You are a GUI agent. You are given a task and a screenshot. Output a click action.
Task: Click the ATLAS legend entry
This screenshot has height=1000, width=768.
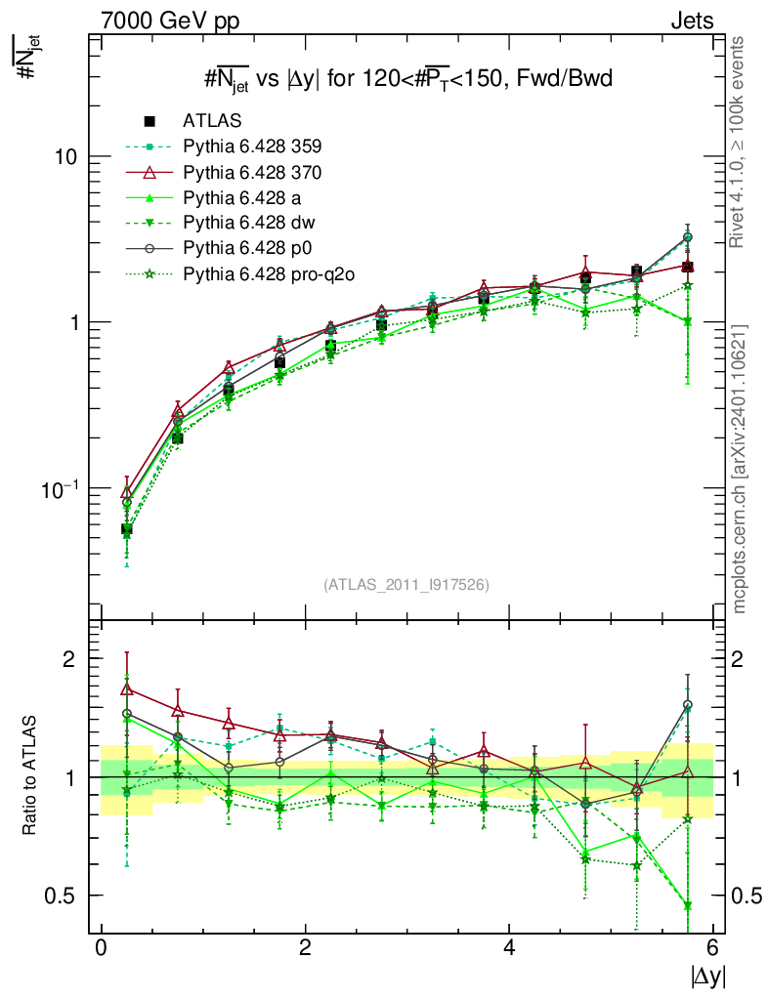click(210, 121)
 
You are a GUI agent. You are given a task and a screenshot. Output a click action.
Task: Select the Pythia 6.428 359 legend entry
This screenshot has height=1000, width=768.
click(252, 146)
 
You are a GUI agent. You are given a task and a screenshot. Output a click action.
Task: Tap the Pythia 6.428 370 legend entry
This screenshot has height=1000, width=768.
click(252, 173)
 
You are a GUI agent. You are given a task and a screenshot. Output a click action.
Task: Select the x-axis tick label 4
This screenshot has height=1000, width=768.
click(510, 948)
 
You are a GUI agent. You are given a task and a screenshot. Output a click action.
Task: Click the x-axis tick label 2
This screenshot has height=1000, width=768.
click(306, 948)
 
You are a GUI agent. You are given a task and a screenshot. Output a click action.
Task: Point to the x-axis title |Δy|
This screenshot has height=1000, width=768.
click(705, 976)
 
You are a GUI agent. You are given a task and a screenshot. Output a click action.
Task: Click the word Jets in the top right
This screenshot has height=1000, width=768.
click(692, 20)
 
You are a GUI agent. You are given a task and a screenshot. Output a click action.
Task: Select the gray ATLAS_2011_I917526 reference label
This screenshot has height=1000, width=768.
click(406, 584)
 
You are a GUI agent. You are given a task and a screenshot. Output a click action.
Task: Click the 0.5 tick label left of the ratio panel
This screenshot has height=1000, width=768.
click(61, 896)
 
